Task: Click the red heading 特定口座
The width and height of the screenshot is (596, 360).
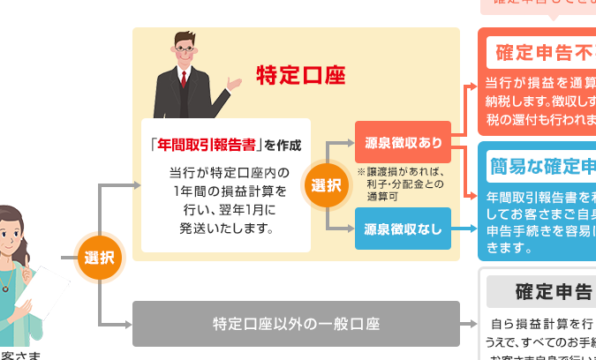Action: [300, 74]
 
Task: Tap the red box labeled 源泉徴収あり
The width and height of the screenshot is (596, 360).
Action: [403, 141]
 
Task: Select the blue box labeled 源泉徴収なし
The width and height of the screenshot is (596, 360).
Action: [403, 229]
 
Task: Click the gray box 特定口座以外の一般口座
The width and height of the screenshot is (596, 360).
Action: [296, 324]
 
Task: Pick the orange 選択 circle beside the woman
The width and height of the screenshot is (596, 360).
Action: [99, 259]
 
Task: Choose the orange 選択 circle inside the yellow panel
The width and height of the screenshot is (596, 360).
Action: [326, 185]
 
